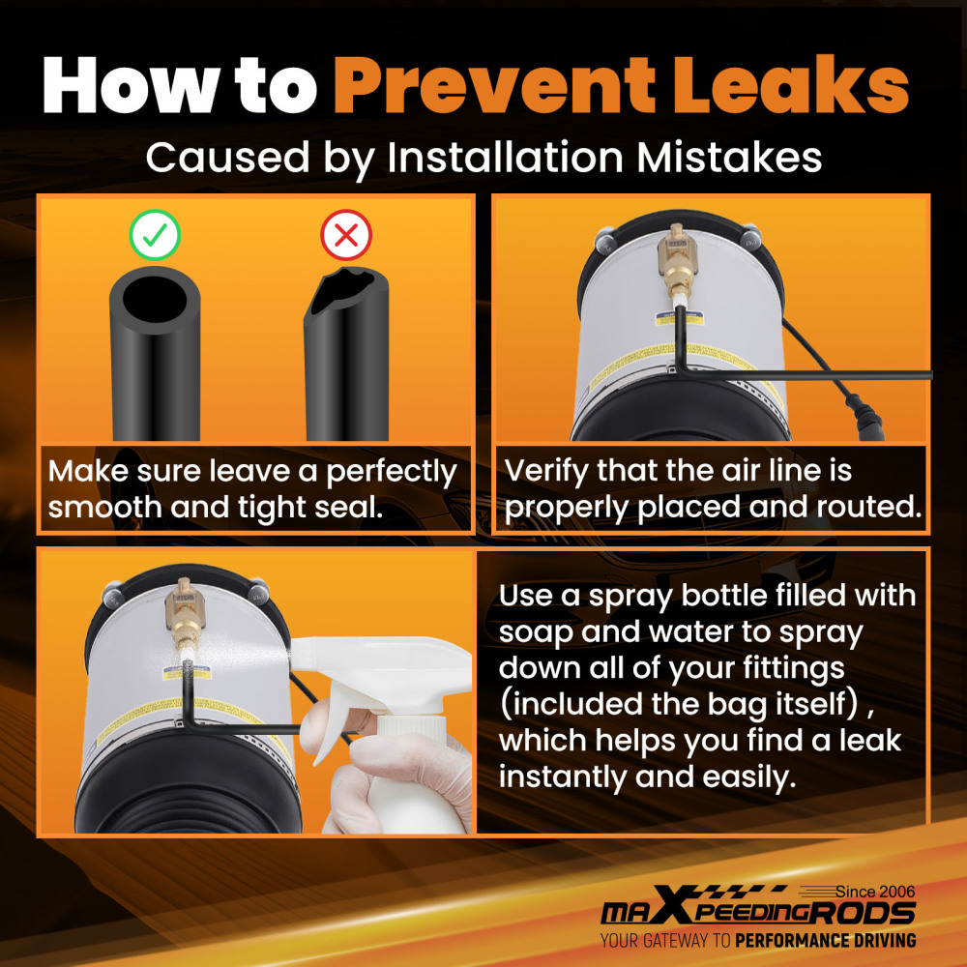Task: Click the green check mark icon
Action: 155,235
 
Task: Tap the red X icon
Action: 346,235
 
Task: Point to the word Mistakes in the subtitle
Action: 729,158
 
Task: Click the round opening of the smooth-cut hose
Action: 155,298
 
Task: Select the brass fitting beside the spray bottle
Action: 183,613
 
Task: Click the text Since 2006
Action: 875,892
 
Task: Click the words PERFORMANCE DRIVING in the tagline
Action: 826,941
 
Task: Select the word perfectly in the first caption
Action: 391,473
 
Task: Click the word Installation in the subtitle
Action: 506,158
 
